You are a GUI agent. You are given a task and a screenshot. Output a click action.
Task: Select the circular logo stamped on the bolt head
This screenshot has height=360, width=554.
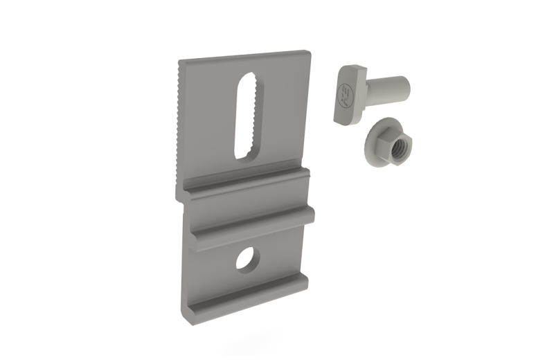coord(343,96)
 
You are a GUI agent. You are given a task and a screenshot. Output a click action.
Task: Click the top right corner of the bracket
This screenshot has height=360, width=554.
coord(307,52)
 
